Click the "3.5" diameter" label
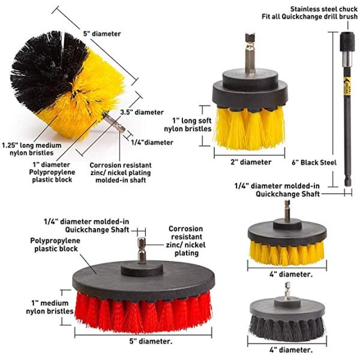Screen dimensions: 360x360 [142, 112]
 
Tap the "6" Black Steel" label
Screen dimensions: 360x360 [314, 163]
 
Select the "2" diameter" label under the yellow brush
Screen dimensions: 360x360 [251, 162]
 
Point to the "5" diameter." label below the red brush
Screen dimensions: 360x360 [151, 341]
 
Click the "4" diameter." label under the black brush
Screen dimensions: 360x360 [291, 350]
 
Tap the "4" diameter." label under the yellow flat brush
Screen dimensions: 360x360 [291, 274]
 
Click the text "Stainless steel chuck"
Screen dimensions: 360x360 [324, 9]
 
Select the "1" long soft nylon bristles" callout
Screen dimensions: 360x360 [188, 125]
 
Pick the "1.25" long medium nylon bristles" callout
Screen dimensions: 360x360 [32, 149]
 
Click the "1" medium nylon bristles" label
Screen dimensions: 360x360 [50, 307]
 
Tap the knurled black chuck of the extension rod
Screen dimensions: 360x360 [347, 42]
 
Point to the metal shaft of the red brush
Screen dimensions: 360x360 [142, 250]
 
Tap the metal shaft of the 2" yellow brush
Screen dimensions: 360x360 [250, 54]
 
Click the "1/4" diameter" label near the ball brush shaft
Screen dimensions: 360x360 [152, 142]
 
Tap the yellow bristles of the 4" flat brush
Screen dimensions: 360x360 [287, 253]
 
